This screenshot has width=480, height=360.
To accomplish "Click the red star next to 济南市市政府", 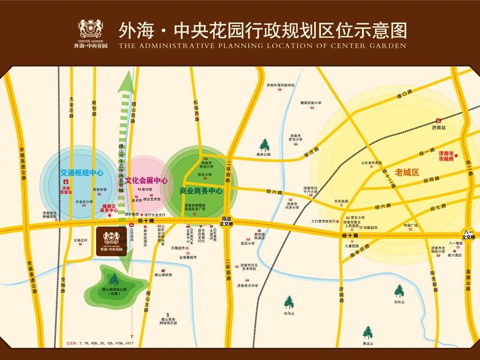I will point(457,157).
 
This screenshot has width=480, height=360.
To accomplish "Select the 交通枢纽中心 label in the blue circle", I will point(82,173).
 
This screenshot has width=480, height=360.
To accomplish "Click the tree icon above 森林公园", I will point(265,145).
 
